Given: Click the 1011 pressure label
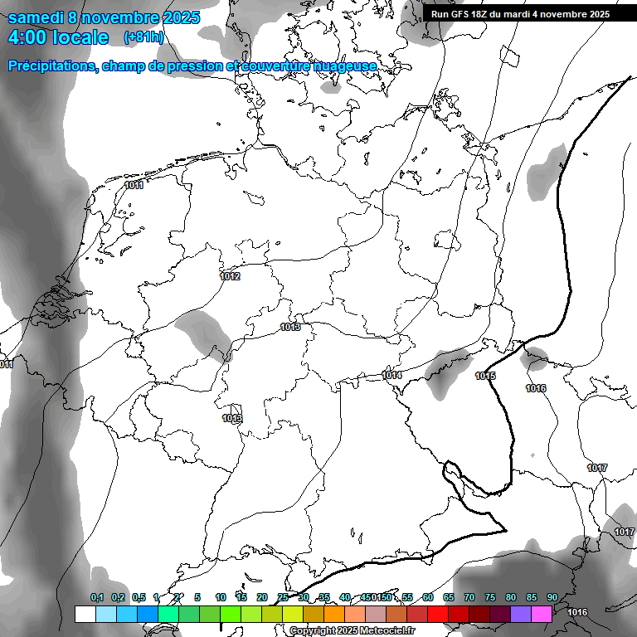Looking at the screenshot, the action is pos(134,186).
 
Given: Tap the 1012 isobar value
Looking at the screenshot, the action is pos(231,276).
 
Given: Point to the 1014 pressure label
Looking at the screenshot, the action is pos(392,376).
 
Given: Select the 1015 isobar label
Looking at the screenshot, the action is pos(485,377).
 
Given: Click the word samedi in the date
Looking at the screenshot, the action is pos(40,17).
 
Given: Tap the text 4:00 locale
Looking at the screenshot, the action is pos(58,37).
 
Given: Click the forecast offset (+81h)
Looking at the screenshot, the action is pos(144,37).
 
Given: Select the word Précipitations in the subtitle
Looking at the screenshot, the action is pos(51,66).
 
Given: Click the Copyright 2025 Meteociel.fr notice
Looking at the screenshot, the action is pos(352,630).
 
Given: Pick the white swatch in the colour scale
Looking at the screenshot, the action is pos(85,614).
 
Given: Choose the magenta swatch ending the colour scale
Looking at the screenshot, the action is pos(542,614).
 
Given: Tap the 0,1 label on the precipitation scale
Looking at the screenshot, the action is pos(97,597).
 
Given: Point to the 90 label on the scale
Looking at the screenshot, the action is pos(552,597).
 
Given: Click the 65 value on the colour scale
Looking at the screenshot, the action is pos(449,597).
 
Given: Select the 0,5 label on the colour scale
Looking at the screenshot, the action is pos(139,597).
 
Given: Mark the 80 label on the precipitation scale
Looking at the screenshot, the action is pos(510,597).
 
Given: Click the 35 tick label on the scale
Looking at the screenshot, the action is pos(324,597).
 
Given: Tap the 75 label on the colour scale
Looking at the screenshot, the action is pos(489,597).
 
